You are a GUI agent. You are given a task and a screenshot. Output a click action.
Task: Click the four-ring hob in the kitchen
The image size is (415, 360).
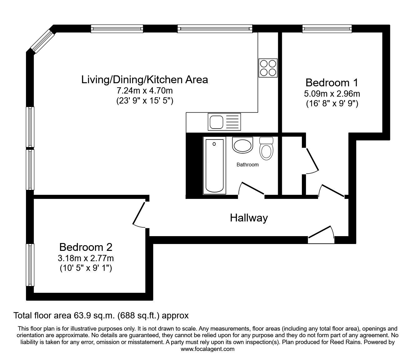coord(268,68)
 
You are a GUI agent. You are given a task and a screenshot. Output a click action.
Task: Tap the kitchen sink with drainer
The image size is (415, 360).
coord(224,122)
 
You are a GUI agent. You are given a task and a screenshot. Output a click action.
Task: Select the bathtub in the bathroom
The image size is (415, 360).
coord(214,165)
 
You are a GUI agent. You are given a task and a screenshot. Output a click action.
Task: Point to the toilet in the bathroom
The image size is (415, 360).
coord(266,148)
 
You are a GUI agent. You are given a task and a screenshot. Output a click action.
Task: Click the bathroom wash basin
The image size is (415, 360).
coord(242,145)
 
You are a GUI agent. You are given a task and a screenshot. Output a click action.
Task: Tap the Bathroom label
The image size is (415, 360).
coord(247,165)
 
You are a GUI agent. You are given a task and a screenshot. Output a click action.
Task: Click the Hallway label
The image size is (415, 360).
coord(249,218)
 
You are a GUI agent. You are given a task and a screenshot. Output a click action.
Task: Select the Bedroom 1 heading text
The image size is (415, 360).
coord(332,83)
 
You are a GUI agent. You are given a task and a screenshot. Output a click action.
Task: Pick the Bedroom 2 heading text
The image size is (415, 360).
coord(86,247)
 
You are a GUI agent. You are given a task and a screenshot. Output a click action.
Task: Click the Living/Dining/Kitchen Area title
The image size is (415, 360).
coord(145,79)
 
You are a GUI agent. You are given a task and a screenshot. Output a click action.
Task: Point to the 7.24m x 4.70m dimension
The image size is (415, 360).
coord(145,91)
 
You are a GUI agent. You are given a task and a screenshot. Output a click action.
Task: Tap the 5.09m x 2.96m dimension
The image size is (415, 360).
coord(332,94)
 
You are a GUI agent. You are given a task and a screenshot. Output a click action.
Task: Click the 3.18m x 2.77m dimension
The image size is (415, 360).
coord(86,258)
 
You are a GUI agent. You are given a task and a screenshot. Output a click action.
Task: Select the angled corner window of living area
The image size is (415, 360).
coord(43,41)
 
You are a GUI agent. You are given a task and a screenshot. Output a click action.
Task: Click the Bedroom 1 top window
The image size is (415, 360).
coord(327,28)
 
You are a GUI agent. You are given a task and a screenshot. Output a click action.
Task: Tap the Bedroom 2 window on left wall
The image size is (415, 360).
coord(30,265)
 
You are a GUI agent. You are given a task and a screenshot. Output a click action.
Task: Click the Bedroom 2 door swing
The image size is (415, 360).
coord(138,213)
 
